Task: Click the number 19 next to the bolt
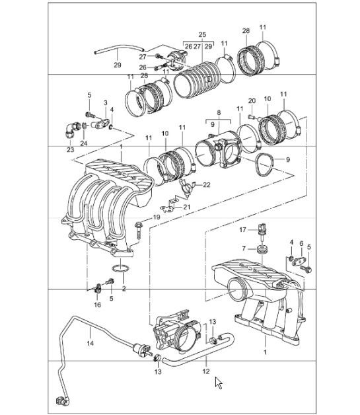point(157,217)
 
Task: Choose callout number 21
point(187,207)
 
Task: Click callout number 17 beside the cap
point(243,231)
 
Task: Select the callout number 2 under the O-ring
point(123,289)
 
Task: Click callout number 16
point(97,305)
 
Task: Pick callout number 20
point(251,101)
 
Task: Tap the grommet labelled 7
point(261,249)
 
